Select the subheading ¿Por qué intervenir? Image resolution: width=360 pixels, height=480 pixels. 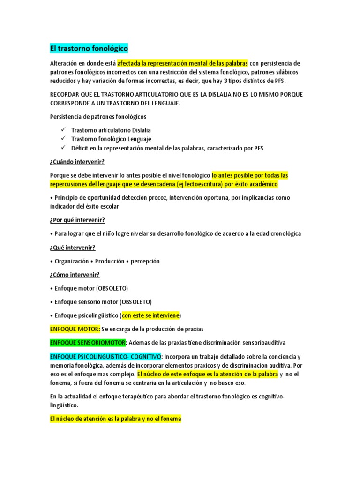click(x=77, y=220)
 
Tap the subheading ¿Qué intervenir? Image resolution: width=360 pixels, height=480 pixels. click(x=75, y=247)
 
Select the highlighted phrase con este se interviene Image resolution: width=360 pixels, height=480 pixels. click(x=150, y=315)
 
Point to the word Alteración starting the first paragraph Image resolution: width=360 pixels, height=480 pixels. click(x=65, y=63)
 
